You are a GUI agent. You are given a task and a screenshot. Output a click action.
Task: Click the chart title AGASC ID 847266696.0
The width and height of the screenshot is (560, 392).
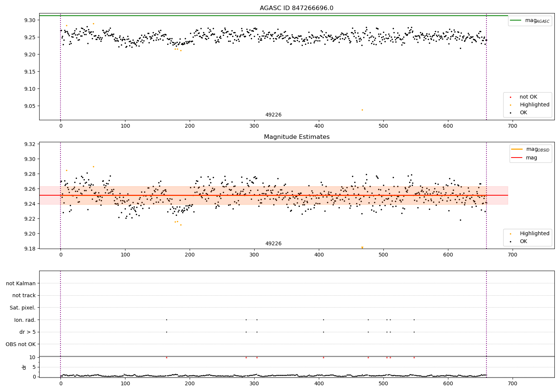(x=296, y=8)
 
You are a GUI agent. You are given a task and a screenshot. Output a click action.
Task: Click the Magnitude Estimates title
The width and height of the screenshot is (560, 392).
(x=296, y=137)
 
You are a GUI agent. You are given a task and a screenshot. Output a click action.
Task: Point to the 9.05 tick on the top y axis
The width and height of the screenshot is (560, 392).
(x=29, y=106)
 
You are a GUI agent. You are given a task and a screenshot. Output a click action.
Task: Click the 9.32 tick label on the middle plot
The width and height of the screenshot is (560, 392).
(x=29, y=144)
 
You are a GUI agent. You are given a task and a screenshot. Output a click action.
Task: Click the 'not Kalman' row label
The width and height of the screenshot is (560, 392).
(x=21, y=283)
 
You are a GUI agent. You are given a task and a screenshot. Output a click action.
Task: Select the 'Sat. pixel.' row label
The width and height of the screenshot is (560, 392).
(x=22, y=308)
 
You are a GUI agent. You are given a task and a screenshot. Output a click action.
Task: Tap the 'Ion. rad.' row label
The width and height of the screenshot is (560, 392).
(x=25, y=320)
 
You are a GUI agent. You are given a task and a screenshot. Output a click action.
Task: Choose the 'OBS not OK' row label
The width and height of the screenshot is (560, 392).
(x=21, y=344)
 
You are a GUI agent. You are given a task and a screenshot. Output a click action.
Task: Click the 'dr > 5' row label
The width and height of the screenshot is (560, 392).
(x=27, y=332)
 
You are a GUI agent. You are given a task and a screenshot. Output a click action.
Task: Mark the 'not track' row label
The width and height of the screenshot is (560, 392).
(x=24, y=295)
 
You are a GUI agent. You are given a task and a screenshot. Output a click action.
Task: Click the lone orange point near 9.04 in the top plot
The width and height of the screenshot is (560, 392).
(x=362, y=110)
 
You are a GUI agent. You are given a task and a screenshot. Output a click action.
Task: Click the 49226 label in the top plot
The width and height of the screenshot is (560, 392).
(x=273, y=115)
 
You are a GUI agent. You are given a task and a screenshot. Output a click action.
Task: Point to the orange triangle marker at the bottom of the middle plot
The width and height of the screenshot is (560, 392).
(x=362, y=248)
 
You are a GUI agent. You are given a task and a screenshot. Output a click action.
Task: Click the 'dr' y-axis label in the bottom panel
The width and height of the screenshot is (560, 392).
(x=24, y=367)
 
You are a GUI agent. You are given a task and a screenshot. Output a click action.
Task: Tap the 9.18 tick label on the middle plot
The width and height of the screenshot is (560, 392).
(x=29, y=249)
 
